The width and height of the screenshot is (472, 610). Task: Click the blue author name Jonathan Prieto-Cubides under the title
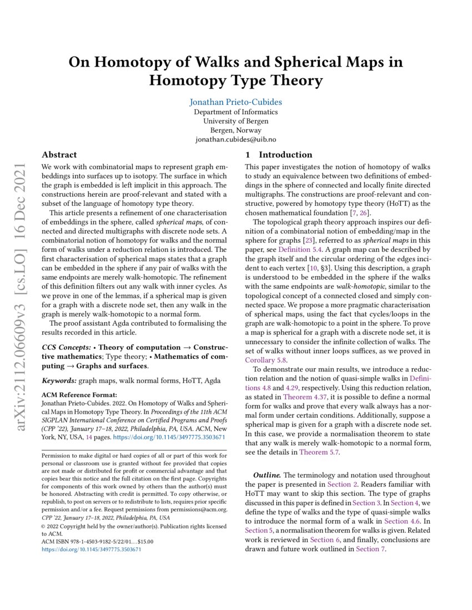coord(235,103)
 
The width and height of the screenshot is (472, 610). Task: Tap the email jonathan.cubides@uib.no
coord(235,140)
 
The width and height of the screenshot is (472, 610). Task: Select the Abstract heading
coord(59,155)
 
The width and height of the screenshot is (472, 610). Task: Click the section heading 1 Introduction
coord(279,155)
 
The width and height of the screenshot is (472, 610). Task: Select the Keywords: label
coord(59,381)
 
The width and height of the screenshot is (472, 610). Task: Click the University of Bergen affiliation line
coord(235,121)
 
